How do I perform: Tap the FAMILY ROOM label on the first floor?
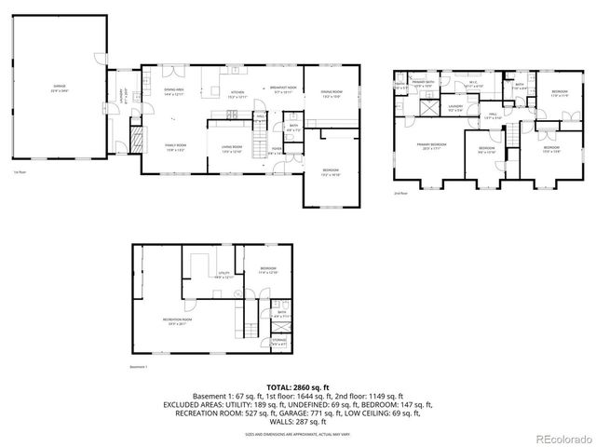coord(174,147)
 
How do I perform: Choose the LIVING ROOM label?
coord(232,147)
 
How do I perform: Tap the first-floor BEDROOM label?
coord(331,171)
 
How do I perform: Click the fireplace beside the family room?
coord(137,140)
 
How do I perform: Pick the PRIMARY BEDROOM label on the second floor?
coord(431,146)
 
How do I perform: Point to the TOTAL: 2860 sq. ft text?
coord(298,386)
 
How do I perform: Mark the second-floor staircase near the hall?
coord(510,136)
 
